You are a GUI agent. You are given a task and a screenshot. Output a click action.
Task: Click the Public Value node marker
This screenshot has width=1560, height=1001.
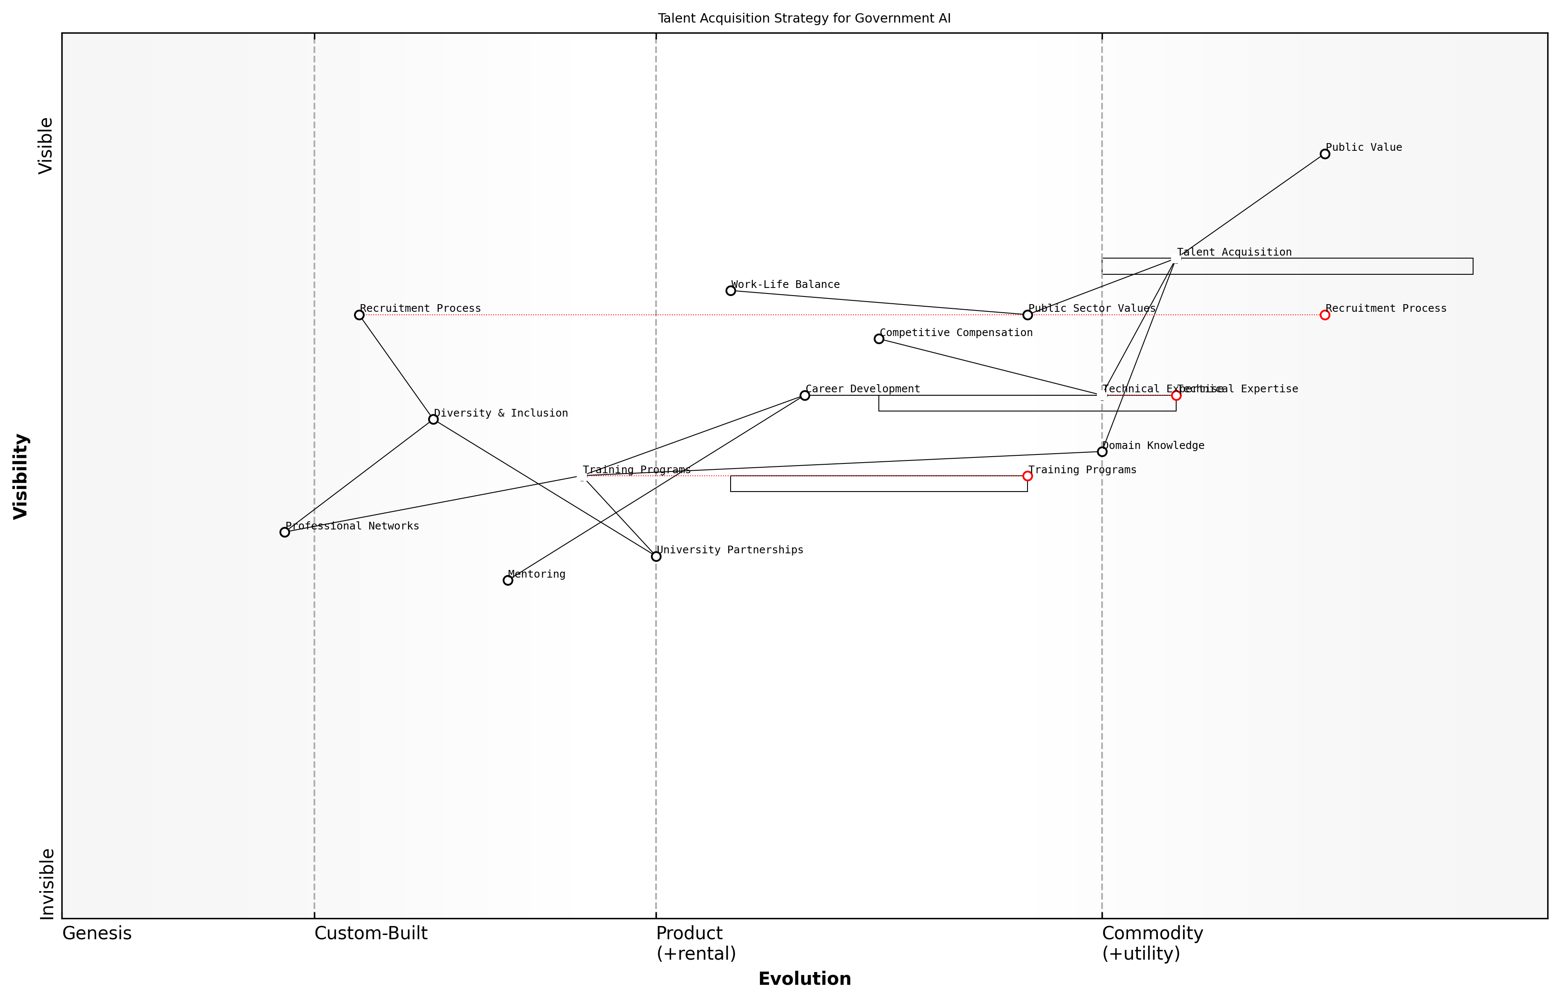click(1324, 154)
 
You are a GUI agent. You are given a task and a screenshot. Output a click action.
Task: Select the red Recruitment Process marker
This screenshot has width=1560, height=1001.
click(1324, 315)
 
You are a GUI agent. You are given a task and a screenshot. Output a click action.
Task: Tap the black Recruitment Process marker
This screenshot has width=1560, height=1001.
click(359, 315)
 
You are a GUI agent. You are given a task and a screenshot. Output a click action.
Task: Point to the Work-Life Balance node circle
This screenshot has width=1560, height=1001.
click(730, 291)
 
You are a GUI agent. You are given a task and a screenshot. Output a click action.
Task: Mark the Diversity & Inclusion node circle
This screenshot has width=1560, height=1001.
click(433, 419)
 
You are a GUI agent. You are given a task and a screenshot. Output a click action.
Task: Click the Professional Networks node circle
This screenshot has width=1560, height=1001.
click(284, 532)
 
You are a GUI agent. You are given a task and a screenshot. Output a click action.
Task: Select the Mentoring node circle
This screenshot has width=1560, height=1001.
click(508, 581)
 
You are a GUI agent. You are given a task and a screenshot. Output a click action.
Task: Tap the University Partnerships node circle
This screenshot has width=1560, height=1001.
click(656, 556)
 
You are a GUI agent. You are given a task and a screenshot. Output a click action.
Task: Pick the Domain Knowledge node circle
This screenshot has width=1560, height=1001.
click(1102, 452)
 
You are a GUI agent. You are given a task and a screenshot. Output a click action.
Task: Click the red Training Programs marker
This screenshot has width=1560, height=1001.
click(1027, 476)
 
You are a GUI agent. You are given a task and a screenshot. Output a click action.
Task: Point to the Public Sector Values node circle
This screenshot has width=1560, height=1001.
click(1027, 315)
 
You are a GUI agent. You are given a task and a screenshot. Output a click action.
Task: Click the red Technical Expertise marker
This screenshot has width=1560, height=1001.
click(1176, 395)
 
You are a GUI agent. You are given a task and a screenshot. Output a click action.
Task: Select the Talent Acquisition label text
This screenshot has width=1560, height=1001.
click(1234, 252)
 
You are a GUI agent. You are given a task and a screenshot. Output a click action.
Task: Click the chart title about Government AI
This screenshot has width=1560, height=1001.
click(804, 18)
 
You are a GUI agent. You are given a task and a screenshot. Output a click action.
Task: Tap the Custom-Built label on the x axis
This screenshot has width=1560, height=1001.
click(371, 933)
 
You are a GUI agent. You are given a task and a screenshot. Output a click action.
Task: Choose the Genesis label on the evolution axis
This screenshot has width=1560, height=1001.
click(97, 933)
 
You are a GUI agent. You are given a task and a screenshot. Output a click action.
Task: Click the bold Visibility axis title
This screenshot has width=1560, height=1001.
click(21, 477)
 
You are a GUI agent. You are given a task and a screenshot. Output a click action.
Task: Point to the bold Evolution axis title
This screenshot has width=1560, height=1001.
click(804, 979)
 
